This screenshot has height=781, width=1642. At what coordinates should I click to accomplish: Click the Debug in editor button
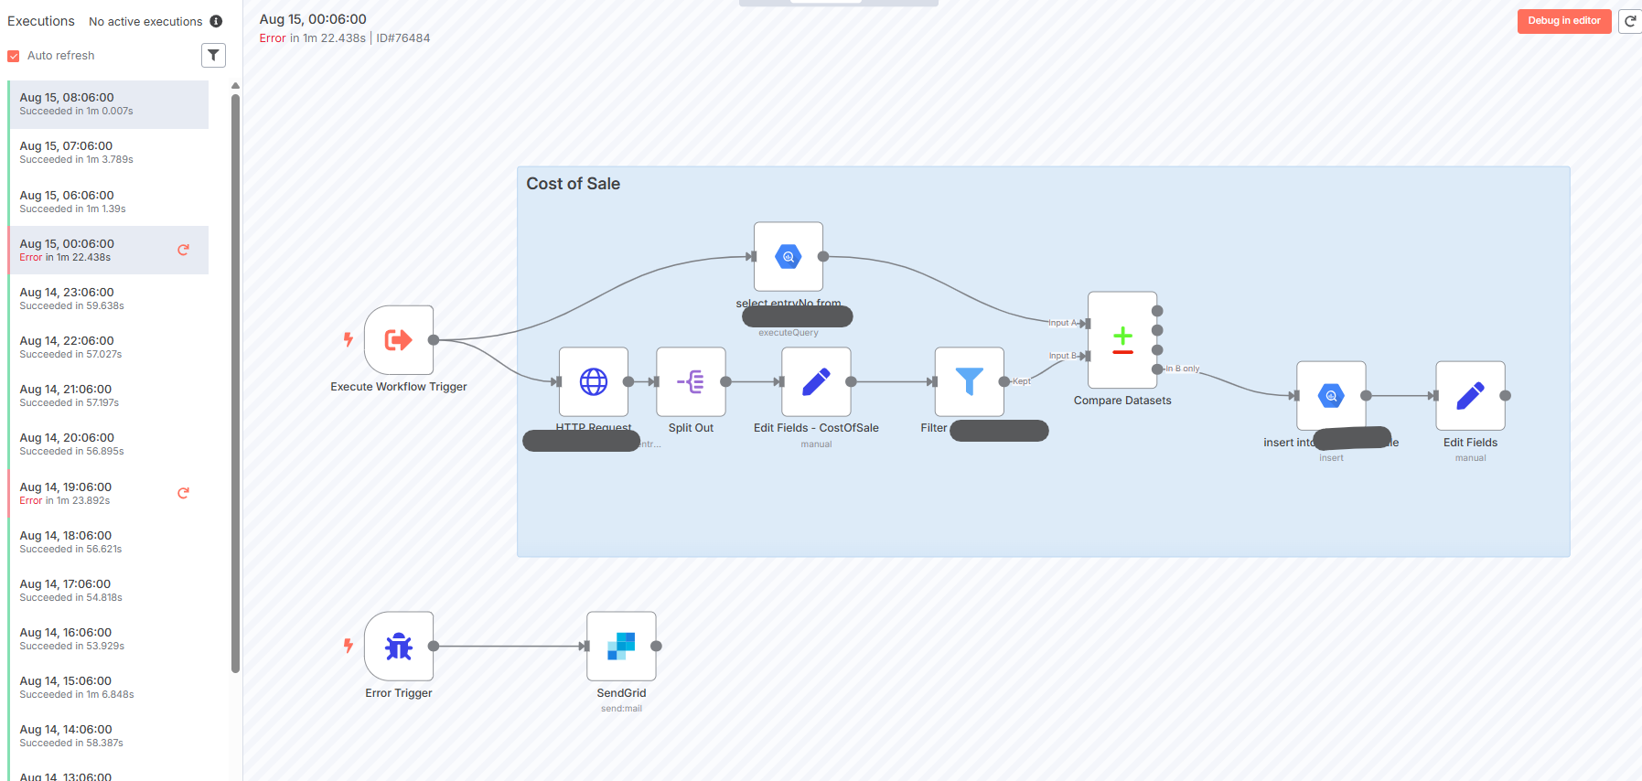pos(1563,21)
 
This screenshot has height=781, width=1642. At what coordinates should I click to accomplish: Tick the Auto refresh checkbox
pos(14,56)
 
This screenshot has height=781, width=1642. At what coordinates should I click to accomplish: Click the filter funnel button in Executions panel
pos(213,56)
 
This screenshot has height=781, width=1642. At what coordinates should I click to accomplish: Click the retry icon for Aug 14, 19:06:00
pos(183,493)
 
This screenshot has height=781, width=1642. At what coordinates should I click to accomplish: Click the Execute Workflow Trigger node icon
pos(399,340)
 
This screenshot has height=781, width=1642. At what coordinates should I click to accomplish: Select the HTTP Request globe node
pos(594,381)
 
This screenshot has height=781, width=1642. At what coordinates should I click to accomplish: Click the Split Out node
pos(691,381)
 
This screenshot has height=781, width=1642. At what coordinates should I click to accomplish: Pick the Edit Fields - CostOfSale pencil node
pos(816,381)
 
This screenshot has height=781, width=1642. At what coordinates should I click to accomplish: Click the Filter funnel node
pos(969,381)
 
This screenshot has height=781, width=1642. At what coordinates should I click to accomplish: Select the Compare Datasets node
pos(1122,340)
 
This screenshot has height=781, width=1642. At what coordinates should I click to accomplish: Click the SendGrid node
pos(621,646)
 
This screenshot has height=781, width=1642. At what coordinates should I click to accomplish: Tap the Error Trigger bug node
pos(399,646)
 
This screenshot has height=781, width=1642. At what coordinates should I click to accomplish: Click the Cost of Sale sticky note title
pos(574,184)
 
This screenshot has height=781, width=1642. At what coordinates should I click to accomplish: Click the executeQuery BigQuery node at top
pos(788,257)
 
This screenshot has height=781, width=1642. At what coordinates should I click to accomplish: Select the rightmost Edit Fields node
pos(1470,396)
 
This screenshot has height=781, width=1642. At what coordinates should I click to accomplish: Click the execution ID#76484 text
pos(403,38)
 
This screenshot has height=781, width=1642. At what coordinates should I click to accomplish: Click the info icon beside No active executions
pos(216,21)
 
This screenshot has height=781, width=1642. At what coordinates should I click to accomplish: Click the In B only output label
pos(1183,369)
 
